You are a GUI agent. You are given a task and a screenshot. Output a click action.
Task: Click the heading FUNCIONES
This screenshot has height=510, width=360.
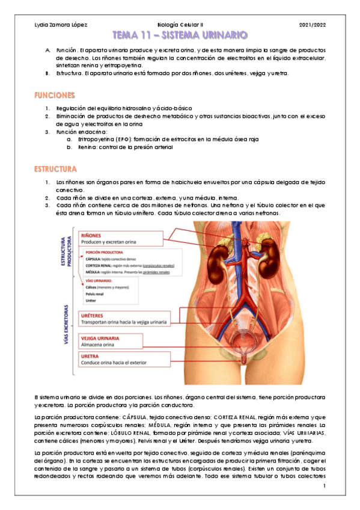[55, 95]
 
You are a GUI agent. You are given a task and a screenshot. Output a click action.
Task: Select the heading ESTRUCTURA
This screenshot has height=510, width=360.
[56, 169]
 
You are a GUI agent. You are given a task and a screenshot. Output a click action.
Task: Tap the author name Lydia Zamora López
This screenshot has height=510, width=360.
[61, 24]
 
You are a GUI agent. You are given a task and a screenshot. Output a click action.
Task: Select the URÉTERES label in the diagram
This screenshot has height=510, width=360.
[96, 315]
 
